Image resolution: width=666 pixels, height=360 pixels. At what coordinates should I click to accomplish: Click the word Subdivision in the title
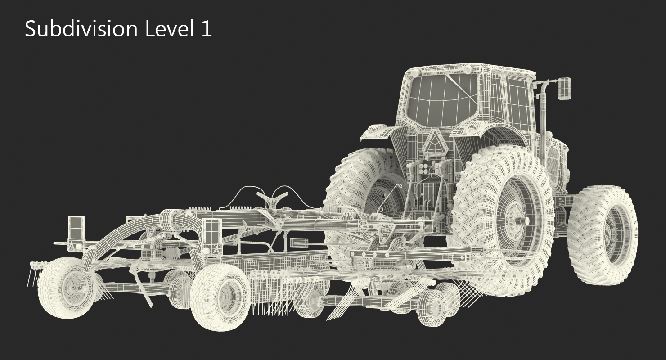click(x=81, y=29)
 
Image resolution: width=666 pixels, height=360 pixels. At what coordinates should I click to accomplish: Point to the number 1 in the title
click(x=207, y=29)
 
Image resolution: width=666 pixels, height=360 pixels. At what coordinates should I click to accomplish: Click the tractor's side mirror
click(x=564, y=88)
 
